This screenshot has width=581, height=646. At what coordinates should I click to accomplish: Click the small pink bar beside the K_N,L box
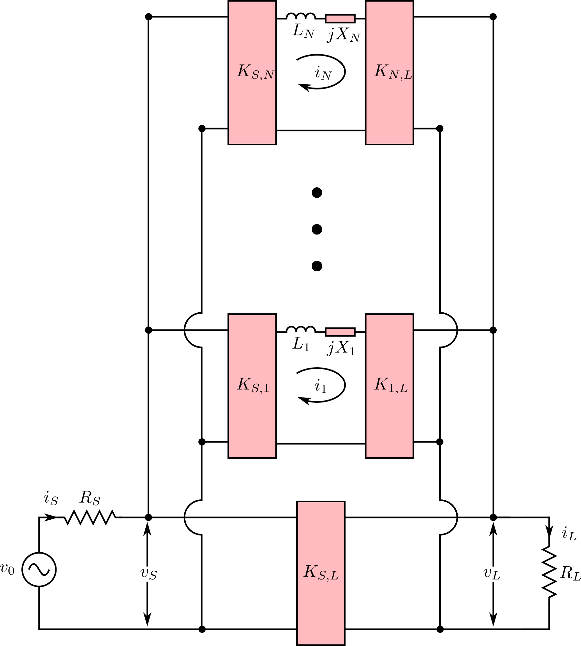coord(340,19)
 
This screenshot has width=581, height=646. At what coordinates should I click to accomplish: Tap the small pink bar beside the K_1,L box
coord(340,332)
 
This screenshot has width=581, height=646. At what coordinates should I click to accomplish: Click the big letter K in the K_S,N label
coord(244,71)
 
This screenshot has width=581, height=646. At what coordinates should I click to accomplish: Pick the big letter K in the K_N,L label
coord(381,71)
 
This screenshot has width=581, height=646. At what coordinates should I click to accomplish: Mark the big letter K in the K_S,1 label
coord(244,384)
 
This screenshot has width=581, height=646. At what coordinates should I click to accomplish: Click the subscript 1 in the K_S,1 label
coord(266,389)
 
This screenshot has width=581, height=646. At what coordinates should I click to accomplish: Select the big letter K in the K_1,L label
coord(381,384)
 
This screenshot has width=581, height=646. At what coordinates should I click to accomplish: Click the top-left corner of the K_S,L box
coord(298,503)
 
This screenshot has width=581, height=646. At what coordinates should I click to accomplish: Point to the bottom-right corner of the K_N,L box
coord(412,143)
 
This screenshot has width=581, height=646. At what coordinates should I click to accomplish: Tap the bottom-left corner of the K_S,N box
coord(229,143)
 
